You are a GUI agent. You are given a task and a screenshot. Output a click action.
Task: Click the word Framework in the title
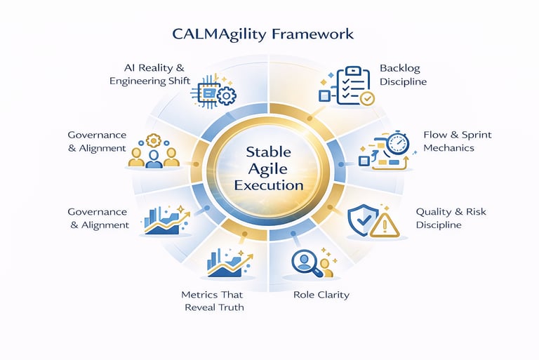pos(317,34)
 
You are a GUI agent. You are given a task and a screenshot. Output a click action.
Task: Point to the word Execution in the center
pos(269,186)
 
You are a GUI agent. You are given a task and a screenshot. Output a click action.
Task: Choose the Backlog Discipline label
pos(403,75)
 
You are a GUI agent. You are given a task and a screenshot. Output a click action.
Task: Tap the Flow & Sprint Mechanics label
pos(448,140)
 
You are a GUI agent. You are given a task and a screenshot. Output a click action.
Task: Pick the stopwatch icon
pos(397,143)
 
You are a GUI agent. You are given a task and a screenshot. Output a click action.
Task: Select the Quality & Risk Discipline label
pos(451,218)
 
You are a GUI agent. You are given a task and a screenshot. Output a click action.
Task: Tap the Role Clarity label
pos(321,295)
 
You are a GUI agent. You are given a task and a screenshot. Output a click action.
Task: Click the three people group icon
pos(153,154)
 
